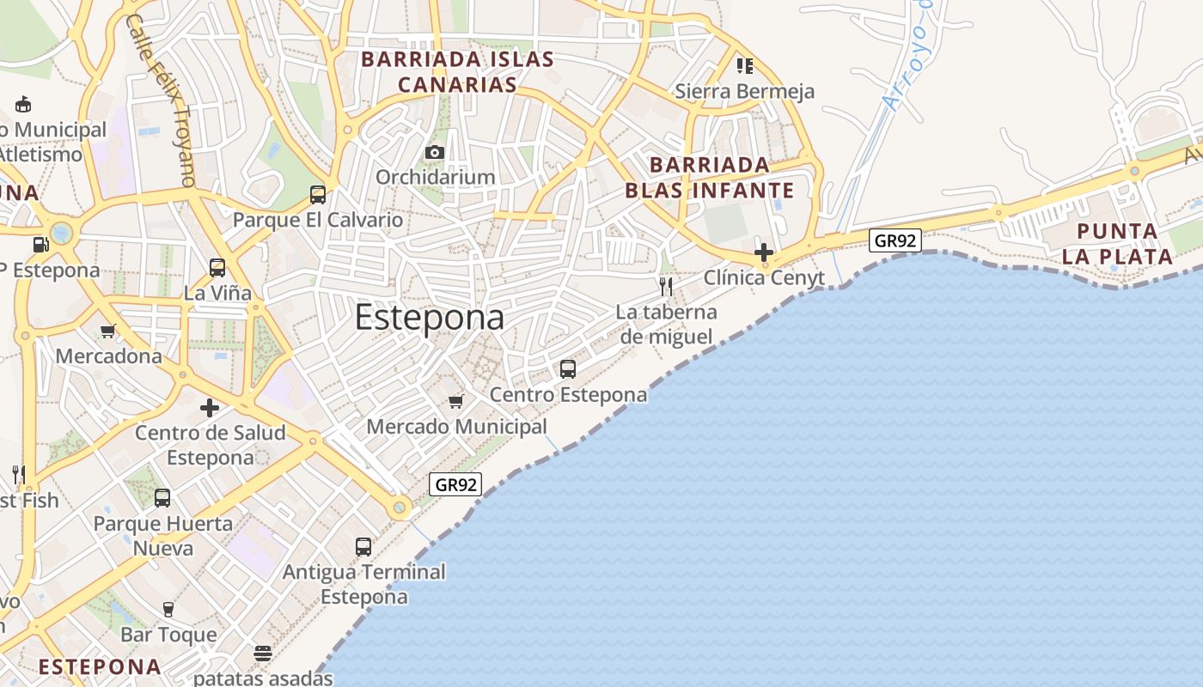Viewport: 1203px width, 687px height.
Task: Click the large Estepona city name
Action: [429, 318]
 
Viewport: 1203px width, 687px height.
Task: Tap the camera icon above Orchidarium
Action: [435, 153]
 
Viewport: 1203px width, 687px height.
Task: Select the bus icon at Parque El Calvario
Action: [318, 195]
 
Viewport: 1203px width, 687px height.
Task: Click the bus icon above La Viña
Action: [217, 268]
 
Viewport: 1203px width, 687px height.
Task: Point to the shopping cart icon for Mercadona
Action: [108, 331]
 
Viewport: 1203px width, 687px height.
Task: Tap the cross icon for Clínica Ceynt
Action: [763, 252]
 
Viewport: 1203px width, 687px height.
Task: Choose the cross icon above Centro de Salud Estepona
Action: [210, 408]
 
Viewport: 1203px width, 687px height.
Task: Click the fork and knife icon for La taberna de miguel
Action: [666, 286]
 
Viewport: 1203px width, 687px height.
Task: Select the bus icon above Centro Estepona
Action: [568, 369]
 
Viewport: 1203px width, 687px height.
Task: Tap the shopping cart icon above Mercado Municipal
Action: [456, 401]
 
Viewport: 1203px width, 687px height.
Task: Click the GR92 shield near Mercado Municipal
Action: [455, 484]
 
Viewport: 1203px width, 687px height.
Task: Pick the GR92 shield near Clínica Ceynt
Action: [895, 240]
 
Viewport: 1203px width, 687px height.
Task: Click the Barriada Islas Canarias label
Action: [457, 72]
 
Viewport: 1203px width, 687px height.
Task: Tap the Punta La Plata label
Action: [1117, 244]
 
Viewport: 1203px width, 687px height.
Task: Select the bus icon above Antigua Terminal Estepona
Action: [363, 546]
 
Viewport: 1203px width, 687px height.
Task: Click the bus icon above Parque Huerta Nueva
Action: [162, 498]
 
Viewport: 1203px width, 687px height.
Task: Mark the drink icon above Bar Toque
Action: [168, 610]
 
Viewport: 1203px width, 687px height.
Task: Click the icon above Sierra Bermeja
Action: [745, 65]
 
